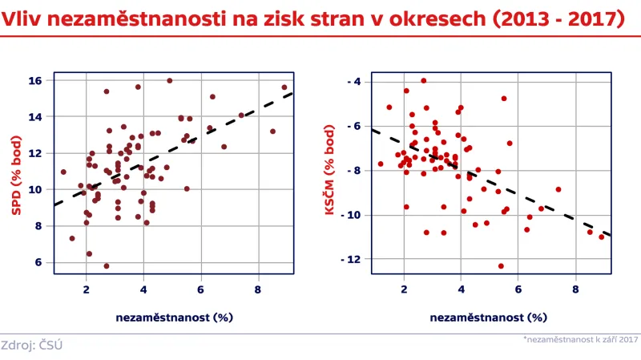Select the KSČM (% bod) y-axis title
pyautogui.click(x=329, y=173)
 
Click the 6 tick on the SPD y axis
pyautogui.click(x=38, y=262)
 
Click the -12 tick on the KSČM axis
pyautogui.click(x=352, y=260)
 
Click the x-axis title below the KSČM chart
pyautogui.click(x=489, y=317)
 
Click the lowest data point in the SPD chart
pyautogui.click(x=107, y=266)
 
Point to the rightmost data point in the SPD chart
pyautogui.click(x=284, y=87)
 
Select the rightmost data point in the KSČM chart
pyautogui.click(x=602, y=237)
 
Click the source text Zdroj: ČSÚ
pyautogui.click(x=32, y=346)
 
